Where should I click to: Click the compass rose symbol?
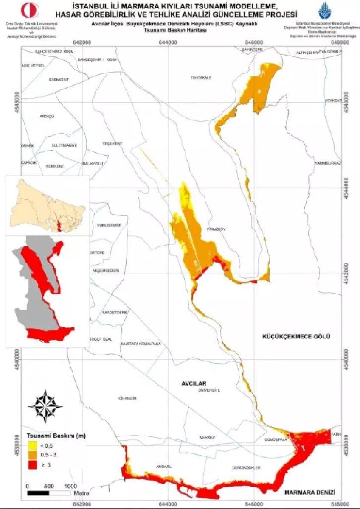tap(45, 406)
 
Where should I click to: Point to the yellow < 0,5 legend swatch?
tap(32, 446)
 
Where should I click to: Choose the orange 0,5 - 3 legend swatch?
tap(32, 456)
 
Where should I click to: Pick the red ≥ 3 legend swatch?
tap(32, 466)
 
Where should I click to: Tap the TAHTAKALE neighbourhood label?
tap(201, 78)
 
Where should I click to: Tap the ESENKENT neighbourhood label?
tap(59, 80)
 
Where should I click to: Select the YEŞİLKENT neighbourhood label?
tap(112, 143)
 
